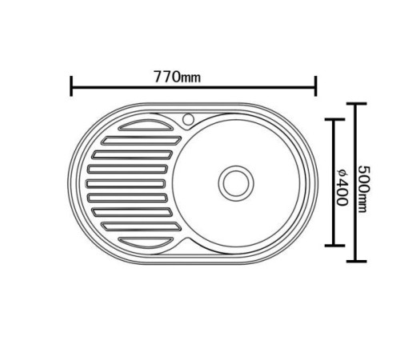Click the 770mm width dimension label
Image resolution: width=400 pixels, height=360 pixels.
click(177, 77)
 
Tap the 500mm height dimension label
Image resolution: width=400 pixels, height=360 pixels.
click(364, 189)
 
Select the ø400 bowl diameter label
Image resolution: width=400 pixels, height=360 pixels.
click(342, 186)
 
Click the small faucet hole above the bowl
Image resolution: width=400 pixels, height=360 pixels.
click(188, 119)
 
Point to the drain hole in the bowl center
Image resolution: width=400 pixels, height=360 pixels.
click(236, 183)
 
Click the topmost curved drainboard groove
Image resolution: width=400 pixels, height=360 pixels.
click(146, 126)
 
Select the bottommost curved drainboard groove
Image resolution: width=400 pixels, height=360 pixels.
click(146, 242)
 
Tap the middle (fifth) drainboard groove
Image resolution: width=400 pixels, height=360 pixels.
click(126, 184)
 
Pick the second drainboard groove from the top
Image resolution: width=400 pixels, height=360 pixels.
click(142, 141)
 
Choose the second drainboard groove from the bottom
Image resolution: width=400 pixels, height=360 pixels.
click(142, 226)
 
